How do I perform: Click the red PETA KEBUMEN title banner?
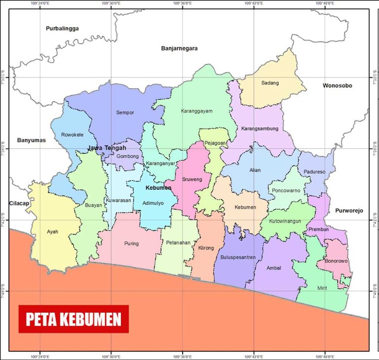pos(74,319)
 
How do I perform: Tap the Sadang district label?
pos(270,83)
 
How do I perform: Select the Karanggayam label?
pos(196,111)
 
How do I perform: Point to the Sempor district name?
pos(125,112)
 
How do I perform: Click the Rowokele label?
pos(72,135)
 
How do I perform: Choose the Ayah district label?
pos(52,231)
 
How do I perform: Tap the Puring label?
pos(131,244)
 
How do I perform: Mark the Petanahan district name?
pos(178,243)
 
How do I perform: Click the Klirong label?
pos(206,248)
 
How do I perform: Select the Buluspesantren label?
pos(238,257)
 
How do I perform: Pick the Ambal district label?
pos(273,268)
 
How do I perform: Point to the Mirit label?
pos(322,287)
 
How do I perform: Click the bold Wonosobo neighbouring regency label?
pos(338,86)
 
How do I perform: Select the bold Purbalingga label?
pos(62,29)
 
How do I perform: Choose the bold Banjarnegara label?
pos(179,48)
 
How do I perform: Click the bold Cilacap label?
pos(19,203)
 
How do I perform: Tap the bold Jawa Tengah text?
pos(107,148)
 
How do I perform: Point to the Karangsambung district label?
pos(260,129)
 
